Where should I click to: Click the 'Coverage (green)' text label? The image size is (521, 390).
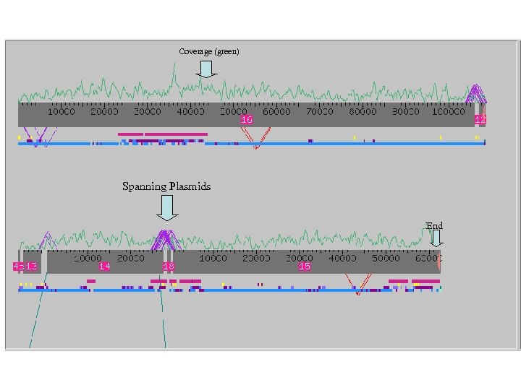tap(209, 51)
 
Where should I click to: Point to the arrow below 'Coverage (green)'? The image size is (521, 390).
tap(206, 69)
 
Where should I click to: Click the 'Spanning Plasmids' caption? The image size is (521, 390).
tap(166, 186)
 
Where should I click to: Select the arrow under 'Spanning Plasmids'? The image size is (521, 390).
tap(167, 208)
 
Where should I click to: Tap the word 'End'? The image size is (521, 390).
tap(434, 226)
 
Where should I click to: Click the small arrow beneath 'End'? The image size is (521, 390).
tap(436, 238)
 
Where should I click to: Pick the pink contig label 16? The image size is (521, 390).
tap(247, 119)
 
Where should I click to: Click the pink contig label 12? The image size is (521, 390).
tap(480, 119)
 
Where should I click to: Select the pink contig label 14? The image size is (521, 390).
tap(105, 266)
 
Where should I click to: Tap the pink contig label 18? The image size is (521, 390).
tap(169, 266)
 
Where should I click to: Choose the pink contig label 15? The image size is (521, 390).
tap(305, 266)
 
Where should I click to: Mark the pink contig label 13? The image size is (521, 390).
tap(31, 266)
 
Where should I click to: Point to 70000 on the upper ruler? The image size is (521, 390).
tap(319, 112)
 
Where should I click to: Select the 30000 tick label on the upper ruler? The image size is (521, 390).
tap(148, 112)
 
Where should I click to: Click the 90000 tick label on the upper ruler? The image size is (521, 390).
tap(405, 112)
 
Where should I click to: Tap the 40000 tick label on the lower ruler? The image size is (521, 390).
tap(342, 258)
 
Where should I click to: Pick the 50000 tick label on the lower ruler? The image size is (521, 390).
tap(386, 258)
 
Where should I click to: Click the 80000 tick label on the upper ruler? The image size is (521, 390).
tap(363, 112)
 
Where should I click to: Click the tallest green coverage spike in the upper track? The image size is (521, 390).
tap(174, 67)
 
